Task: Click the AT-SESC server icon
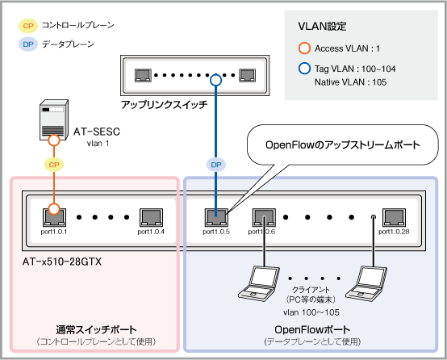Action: tap(54, 119)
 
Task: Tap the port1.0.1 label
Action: tap(54, 232)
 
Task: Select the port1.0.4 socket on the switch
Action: tap(151, 217)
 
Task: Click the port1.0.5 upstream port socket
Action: tap(216, 217)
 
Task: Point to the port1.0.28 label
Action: tap(394, 232)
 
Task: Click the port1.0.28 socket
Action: tap(394, 217)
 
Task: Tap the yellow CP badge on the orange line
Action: tap(54, 165)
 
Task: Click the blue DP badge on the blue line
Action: tap(215, 165)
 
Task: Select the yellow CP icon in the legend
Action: tap(28, 26)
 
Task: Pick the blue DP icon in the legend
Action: tap(28, 44)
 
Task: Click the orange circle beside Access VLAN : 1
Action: tap(304, 48)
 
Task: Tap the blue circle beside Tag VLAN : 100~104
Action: tap(304, 69)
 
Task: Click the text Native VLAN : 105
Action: tap(350, 82)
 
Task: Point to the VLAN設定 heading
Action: tap(322, 27)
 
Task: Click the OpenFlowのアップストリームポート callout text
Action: tap(343, 145)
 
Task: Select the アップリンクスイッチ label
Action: tap(165, 105)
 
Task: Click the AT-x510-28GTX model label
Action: tap(62, 262)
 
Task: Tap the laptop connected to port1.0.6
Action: tap(259, 283)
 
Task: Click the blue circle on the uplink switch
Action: tap(215, 80)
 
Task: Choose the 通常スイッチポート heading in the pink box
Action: tap(96, 330)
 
